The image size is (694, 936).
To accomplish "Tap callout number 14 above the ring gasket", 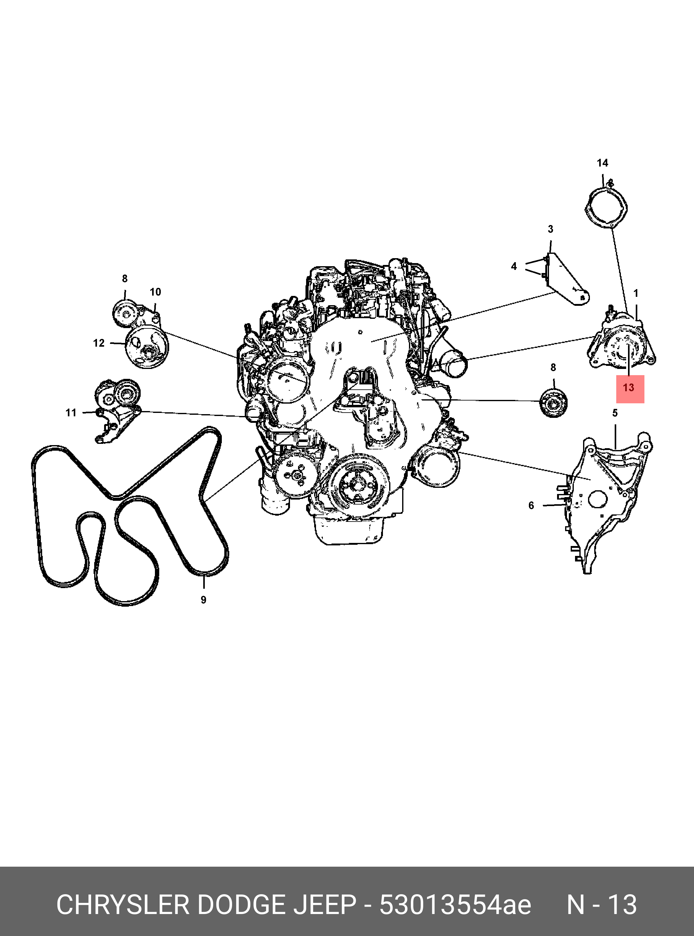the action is coord(602,163).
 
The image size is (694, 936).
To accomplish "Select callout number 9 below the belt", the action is coord(203,600).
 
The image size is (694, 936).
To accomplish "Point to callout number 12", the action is coord(99,343).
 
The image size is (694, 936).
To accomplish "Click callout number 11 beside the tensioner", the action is coord(71,413).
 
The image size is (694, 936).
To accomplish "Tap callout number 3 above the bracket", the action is coord(550,229).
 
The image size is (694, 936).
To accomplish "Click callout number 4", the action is coord(514,266).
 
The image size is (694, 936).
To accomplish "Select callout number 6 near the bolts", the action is coord(531,505).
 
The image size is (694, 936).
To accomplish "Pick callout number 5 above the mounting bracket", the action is coord(615,413).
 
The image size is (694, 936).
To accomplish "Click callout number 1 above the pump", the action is coord(636,293).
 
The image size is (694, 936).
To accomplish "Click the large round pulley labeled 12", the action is coord(147,347).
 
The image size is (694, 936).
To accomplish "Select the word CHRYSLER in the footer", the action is coord(123,905).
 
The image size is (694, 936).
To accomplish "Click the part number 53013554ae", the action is coord(455,905).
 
